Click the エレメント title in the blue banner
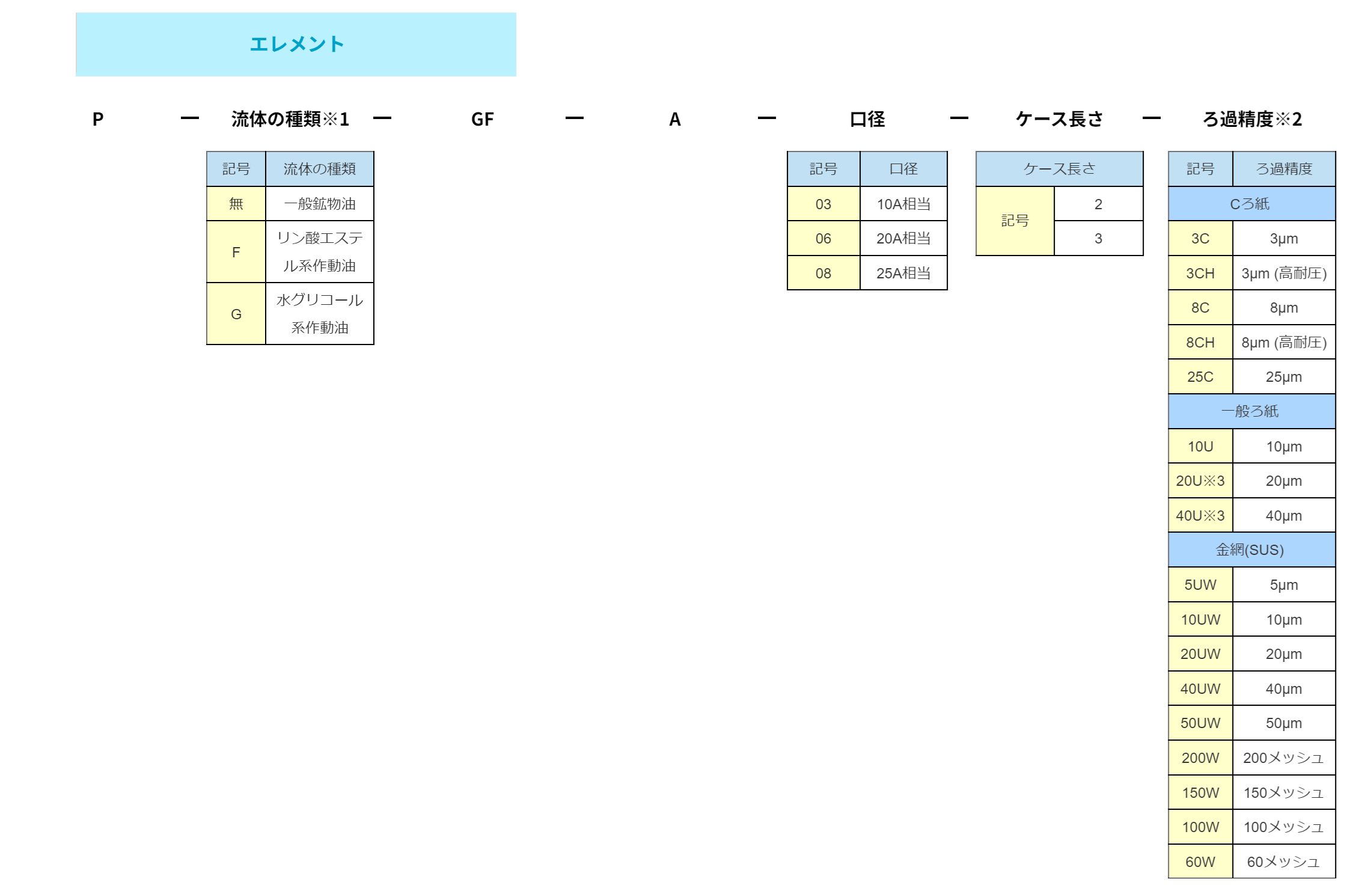tap(296, 44)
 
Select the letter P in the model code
tap(98, 119)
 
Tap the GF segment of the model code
tap(482, 119)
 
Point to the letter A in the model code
tap(675, 119)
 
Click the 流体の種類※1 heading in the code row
tap(290, 119)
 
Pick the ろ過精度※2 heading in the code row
tap(1252, 119)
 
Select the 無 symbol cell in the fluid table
tap(236, 204)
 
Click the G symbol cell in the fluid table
tap(236, 314)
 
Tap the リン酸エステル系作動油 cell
tap(320, 252)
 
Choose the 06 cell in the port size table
tap(823, 239)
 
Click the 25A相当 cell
tap(903, 274)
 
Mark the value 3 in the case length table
tap(1098, 239)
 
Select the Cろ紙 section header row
tap(1251, 204)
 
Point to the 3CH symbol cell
tap(1200, 274)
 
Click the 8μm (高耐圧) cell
tap(1284, 343)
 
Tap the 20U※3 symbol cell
tap(1200, 481)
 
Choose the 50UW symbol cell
tap(1200, 723)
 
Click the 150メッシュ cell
tap(1284, 792)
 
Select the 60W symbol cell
tap(1200, 862)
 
